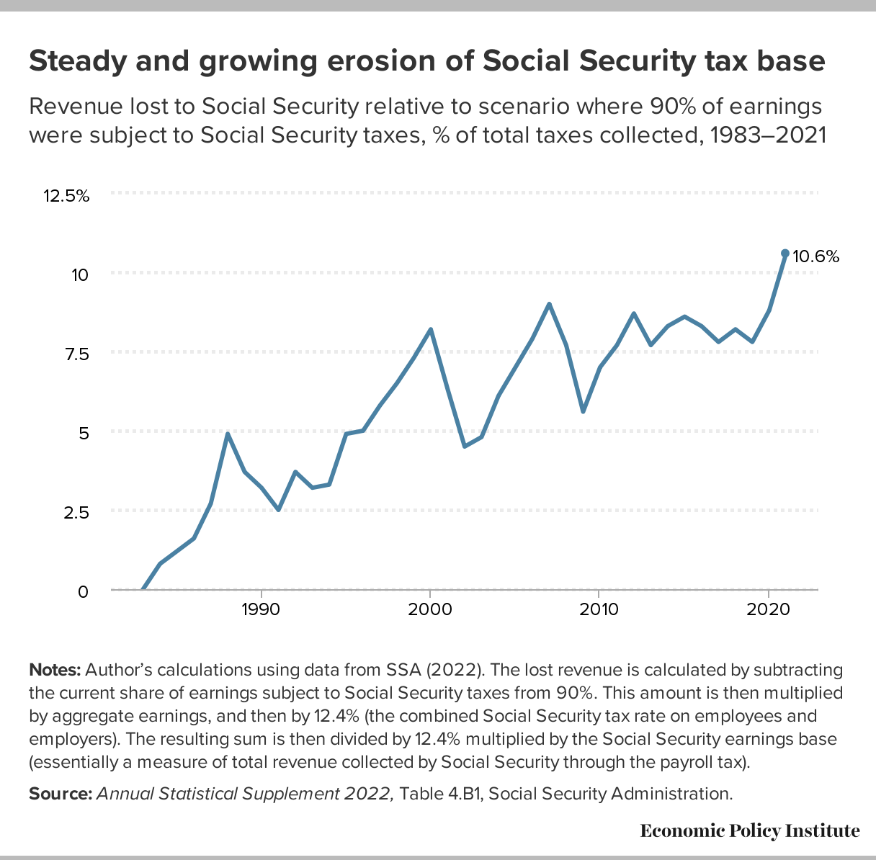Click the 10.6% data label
(x=816, y=256)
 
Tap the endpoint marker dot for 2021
(x=785, y=254)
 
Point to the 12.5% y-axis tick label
(x=66, y=196)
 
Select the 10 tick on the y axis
(x=80, y=274)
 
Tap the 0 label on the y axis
(x=83, y=591)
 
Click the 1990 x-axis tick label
(x=260, y=609)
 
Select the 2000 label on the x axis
(x=430, y=609)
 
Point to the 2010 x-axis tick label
(x=599, y=609)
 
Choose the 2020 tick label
(x=769, y=609)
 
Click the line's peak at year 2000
(x=430, y=330)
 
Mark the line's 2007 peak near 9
(x=549, y=304)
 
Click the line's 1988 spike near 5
(x=227, y=434)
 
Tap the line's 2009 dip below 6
(x=583, y=411)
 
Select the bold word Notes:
(x=55, y=670)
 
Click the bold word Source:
(x=61, y=794)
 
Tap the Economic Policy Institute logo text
(x=749, y=831)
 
